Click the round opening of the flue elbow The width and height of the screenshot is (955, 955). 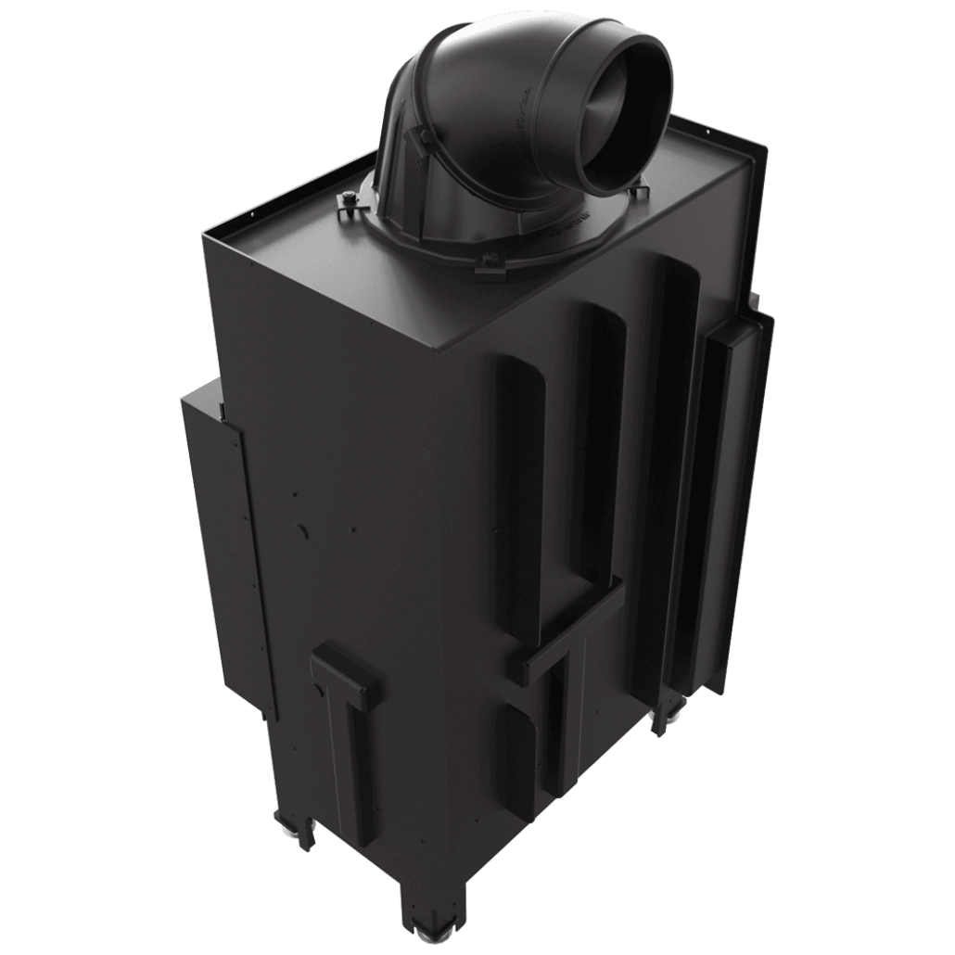[x=623, y=125]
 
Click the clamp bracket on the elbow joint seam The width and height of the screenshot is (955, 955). [x=422, y=140]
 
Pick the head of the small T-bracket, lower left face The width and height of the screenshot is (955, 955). [x=345, y=669]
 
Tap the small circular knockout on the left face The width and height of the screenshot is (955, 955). [x=302, y=530]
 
